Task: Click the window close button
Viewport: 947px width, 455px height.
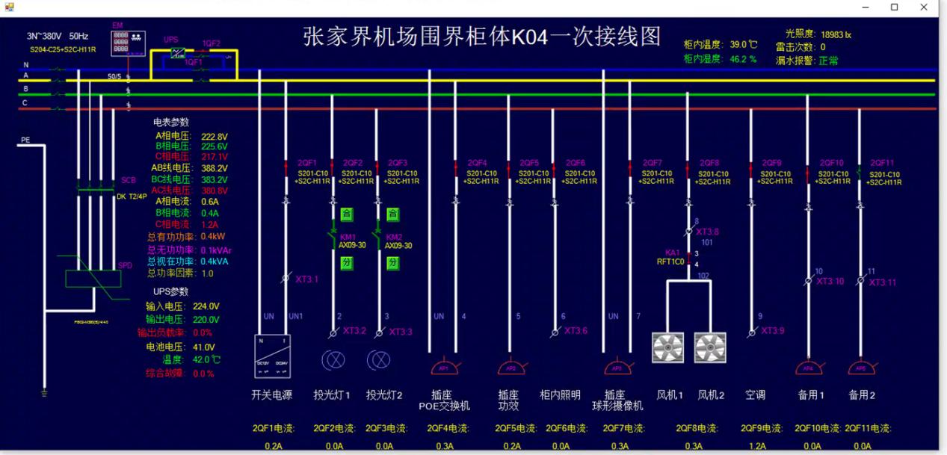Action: [924, 7]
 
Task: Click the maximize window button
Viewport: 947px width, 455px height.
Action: [894, 7]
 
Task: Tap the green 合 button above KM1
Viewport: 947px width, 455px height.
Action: [346, 214]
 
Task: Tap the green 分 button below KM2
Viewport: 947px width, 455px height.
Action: [392, 263]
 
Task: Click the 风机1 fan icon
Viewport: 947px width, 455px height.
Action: [667, 347]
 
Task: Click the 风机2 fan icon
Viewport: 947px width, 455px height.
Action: [710, 347]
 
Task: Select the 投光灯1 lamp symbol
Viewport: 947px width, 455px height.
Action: [333, 361]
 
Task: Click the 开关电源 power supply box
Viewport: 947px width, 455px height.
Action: [272, 356]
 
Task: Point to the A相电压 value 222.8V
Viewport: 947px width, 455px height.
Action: [214, 136]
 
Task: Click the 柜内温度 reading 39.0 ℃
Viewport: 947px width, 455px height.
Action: [744, 44]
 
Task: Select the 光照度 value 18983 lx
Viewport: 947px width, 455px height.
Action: [836, 34]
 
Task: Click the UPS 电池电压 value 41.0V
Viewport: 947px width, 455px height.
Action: [204, 347]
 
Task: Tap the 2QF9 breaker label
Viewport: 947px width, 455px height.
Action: [771, 163]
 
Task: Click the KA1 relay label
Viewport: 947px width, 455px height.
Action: [673, 253]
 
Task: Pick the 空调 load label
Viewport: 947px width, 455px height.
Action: [755, 394]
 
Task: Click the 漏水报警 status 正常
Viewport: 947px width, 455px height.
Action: [828, 61]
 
